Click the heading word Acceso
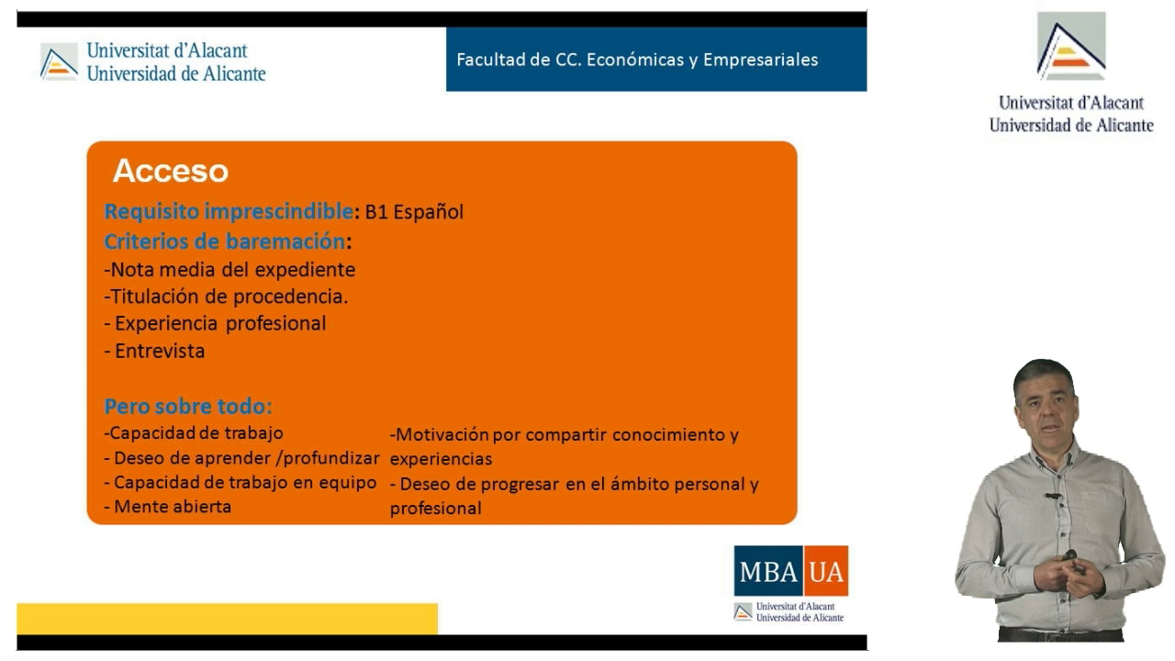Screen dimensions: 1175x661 point(171,171)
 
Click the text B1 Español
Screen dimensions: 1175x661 point(414,212)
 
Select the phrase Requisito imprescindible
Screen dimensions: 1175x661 point(229,211)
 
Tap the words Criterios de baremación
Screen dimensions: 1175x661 point(225,241)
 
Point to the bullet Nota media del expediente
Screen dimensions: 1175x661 point(229,270)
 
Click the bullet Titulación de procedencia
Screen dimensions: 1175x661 point(226,297)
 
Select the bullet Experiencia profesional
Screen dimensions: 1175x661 point(215,324)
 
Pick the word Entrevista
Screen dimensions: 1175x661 point(160,351)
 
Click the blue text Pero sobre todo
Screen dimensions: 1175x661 point(188,406)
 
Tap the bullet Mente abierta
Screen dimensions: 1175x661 point(168,507)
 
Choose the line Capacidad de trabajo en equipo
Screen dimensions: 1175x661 point(241,483)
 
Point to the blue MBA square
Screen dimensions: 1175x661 point(768,571)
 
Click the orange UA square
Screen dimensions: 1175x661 point(826,571)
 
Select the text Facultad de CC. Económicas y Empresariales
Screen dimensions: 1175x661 point(637,60)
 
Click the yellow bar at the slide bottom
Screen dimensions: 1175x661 point(227,619)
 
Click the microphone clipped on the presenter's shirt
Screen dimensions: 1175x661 point(1052,495)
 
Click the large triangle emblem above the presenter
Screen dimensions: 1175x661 point(1071,46)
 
